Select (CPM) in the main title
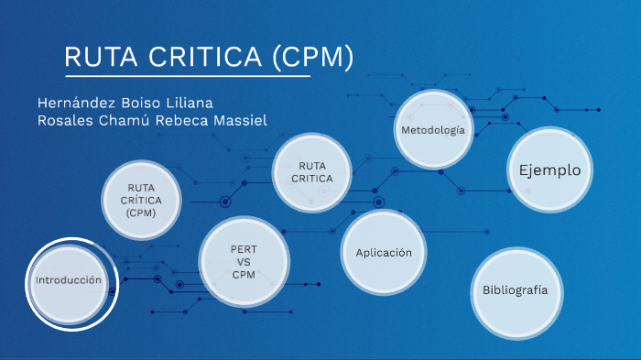pyautogui.click(x=313, y=57)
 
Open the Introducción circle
pyautogui.click(x=69, y=280)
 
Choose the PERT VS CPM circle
pyautogui.click(x=244, y=262)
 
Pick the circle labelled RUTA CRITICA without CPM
pyautogui.click(x=312, y=172)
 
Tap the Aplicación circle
pyautogui.click(x=384, y=253)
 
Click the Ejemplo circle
pyautogui.click(x=550, y=170)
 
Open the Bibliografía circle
pyautogui.click(x=516, y=290)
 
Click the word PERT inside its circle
pyautogui.click(x=244, y=249)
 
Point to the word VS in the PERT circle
pyautogui.click(x=244, y=262)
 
